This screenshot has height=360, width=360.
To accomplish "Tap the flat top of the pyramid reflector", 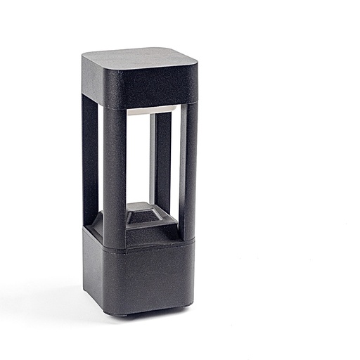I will click(149, 207).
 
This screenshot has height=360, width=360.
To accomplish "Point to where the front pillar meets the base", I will click(115, 246).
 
